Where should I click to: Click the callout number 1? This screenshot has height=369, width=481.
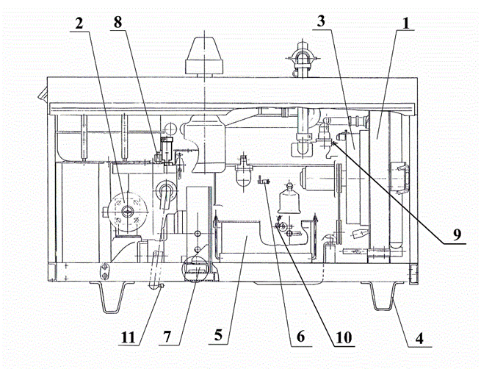(x=406, y=24)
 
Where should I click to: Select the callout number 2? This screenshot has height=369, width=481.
(x=79, y=24)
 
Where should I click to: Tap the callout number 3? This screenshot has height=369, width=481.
(x=321, y=22)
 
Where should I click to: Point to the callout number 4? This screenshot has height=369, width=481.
(x=419, y=339)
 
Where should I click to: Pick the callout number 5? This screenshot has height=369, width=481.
(x=218, y=335)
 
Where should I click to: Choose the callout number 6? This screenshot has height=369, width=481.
(x=300, y=337)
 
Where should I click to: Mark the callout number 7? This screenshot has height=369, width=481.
(x=167, y=337)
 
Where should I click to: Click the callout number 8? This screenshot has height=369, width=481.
(x=117, y=22)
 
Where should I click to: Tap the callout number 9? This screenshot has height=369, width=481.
(x=457, y=234)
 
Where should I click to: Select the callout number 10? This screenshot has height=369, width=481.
(x=344, y=337)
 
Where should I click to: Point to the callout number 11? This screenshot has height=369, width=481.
(x=128, y=337)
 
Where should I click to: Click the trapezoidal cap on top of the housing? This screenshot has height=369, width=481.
(x=203, y=57)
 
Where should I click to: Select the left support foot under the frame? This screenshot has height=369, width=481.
(x=112, y=297)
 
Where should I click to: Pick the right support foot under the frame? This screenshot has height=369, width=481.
(x=383, y=295)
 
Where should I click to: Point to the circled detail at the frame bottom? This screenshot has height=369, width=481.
(x=196, y=268)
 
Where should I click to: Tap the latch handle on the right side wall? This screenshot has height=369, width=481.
(x=400, y=179)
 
